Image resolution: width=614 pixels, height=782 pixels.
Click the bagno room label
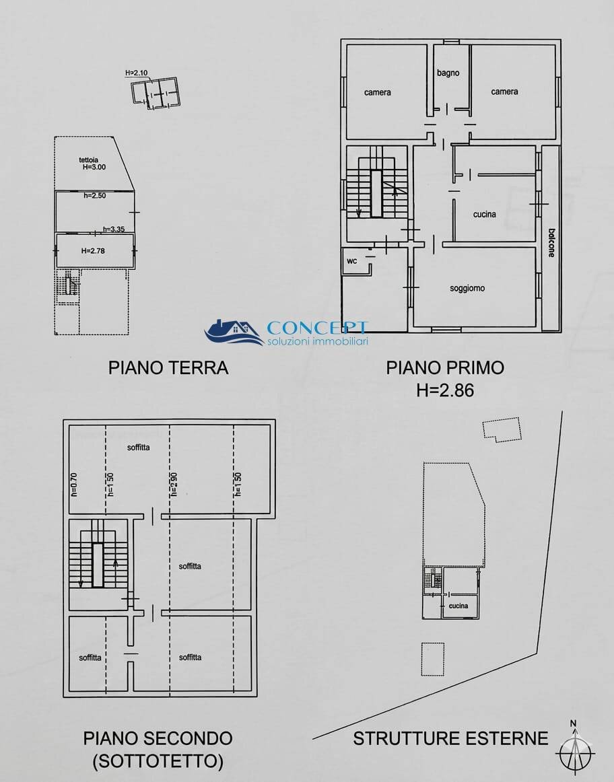tap(448, 73)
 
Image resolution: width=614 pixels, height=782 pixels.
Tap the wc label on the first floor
tap(351, 261)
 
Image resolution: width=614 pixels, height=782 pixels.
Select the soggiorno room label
tap(467, 289)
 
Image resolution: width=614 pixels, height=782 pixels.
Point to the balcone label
tap(551, 242)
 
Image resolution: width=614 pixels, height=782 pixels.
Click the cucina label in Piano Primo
tap(484, 215)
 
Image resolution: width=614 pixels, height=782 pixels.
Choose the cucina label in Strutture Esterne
tap(458, 606)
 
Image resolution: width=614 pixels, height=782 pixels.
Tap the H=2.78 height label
tap(94, 251)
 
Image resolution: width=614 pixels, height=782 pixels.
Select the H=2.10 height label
tap(136, 73)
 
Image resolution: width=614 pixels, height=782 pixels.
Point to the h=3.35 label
tap(114, 229)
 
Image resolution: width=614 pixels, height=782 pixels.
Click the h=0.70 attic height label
tap(75, 485)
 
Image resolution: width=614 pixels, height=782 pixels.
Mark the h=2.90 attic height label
tap(173, 485)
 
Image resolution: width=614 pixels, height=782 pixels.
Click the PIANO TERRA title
tap(168, 367)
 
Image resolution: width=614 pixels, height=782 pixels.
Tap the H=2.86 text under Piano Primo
tap(445, 390)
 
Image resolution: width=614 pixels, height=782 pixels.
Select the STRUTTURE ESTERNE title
tap(450, 738)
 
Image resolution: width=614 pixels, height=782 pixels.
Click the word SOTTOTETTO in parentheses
tap(158, 761)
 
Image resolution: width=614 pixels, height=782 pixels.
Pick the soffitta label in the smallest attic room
tap(90, 657)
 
